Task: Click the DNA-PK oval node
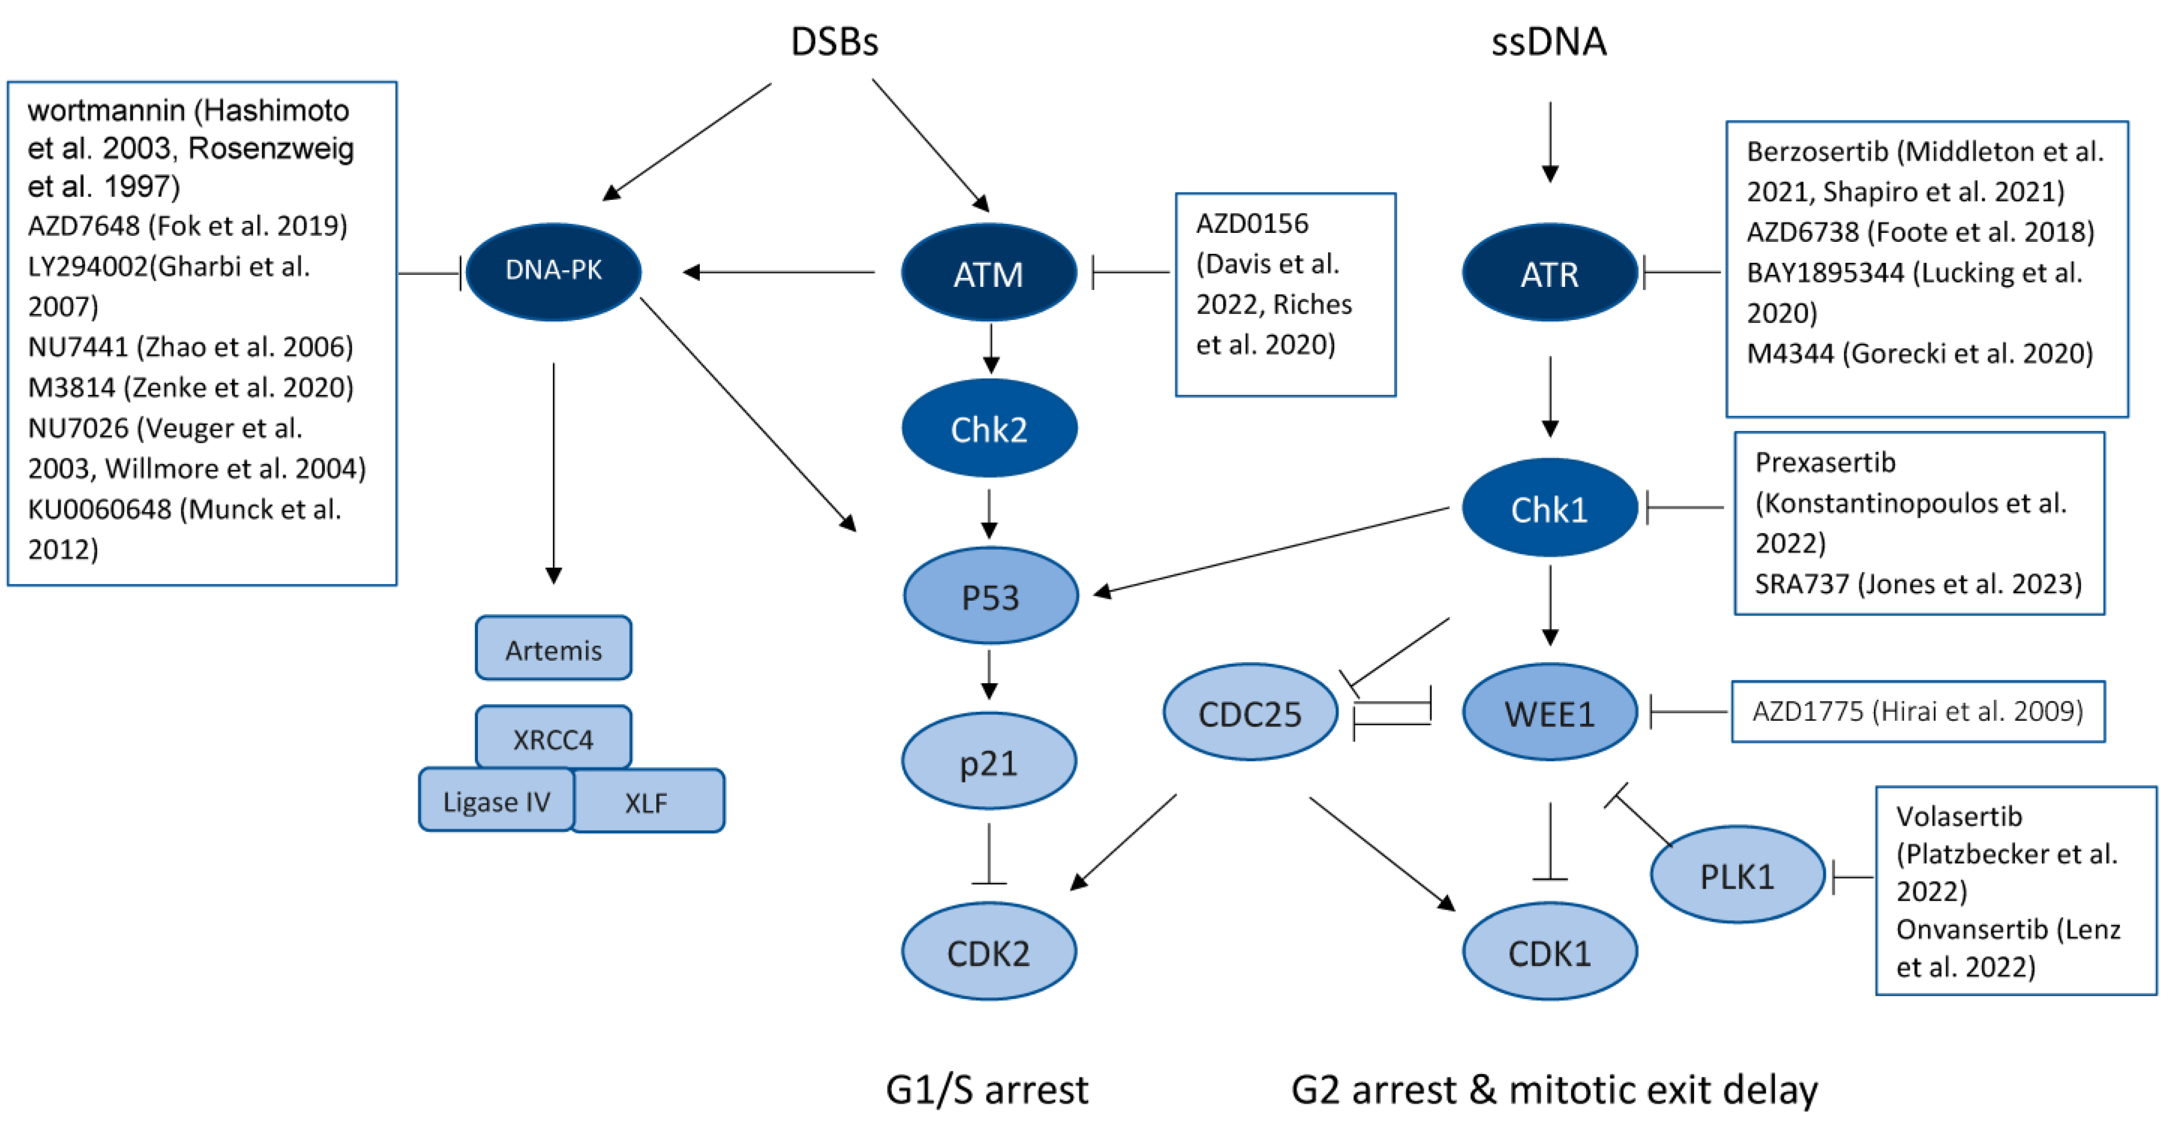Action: (x=553, y=271)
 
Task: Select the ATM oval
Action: (x=989, y=273)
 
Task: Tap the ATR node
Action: (x=1550, y=273)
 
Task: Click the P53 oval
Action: (x=991, y=596)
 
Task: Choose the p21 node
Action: (x=989, y=761)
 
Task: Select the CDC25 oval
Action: (x=1251, y=712)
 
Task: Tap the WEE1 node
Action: (x=1550, y=712)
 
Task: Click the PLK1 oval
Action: (x=1738, y=875)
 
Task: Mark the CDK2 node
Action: (x=989, y=951)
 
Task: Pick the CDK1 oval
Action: (x=1550, y=951)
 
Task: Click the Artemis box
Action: (x=553, y=648)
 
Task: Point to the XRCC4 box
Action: (x=553, y=738)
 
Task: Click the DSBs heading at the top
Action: (x=834, y=40)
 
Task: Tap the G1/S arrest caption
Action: (x=987, y=1089)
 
